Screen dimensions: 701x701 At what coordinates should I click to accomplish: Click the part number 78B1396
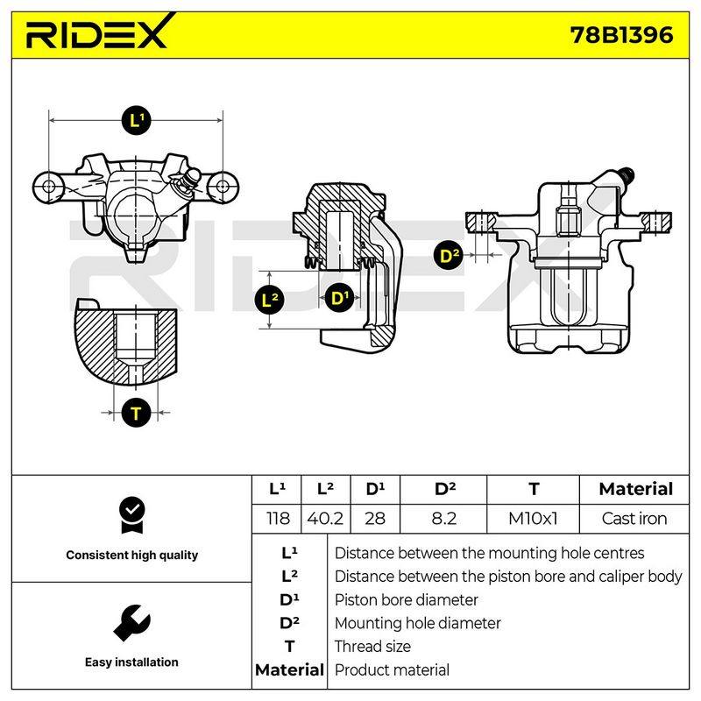pos(621,35)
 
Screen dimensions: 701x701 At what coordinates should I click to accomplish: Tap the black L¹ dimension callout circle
pos(136,120)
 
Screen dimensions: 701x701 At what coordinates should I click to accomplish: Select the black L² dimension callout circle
pos(269,300)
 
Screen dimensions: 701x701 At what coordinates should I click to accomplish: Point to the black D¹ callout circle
pos(339,298)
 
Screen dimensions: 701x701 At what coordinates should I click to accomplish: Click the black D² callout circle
pos(449,256)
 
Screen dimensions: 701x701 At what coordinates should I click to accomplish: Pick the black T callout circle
pos(136,412)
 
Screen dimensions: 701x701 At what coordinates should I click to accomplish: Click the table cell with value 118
pos(278,519)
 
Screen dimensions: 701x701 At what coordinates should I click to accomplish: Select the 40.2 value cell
pos(325,519)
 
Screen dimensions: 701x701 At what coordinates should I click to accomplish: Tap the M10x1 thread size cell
pos(533,519)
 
